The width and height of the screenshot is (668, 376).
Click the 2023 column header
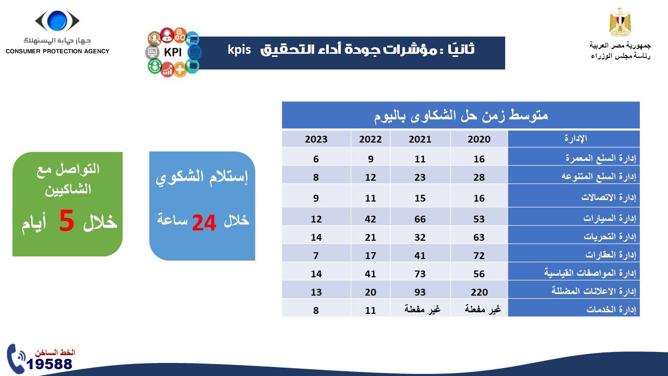[x=316, y=139]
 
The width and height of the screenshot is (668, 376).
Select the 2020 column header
[x=479, y=139]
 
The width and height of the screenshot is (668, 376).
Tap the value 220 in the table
[x=479, y=292]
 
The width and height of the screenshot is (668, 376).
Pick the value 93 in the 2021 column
[x=420, y=292]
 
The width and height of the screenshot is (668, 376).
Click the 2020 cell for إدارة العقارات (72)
[x=479, y=256]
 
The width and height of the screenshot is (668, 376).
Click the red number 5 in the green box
[x=67, y=221]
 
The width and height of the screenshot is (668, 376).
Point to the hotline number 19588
[x=50, y=364]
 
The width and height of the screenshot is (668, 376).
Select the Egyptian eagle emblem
[x=620, y=23]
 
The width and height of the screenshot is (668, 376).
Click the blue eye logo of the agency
[x=57, y=21]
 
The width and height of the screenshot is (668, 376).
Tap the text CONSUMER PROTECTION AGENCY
[x=57, y=51]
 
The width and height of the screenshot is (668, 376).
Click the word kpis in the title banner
[x=240, y=50]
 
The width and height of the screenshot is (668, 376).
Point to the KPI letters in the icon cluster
[x=172, y=53]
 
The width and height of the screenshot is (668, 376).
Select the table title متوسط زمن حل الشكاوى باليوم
[x=461, y=115]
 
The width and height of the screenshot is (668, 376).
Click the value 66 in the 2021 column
[x=420, y=219]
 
